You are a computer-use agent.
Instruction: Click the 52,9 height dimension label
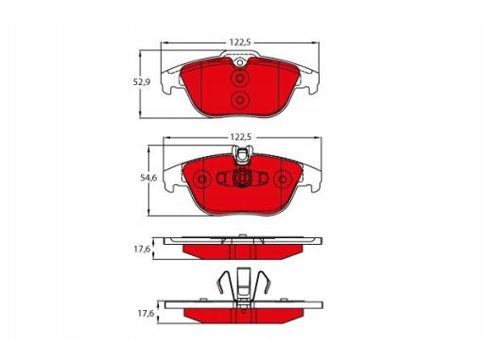click(142, 82)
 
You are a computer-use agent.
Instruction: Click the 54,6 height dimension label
click(148, 178)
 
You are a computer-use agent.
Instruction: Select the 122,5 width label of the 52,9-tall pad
click(240, 43)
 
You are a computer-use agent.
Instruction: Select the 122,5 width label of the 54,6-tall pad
click(241, 137)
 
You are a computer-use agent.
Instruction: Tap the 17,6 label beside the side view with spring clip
click(146, 314)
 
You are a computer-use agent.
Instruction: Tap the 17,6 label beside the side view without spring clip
click(142, 250)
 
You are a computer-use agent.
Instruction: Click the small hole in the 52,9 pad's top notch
click(240, 62)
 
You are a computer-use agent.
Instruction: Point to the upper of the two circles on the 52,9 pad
click(240, 78)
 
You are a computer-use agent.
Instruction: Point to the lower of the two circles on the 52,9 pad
click(240, 100)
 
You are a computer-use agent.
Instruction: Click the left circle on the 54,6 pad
click(202, 180)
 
